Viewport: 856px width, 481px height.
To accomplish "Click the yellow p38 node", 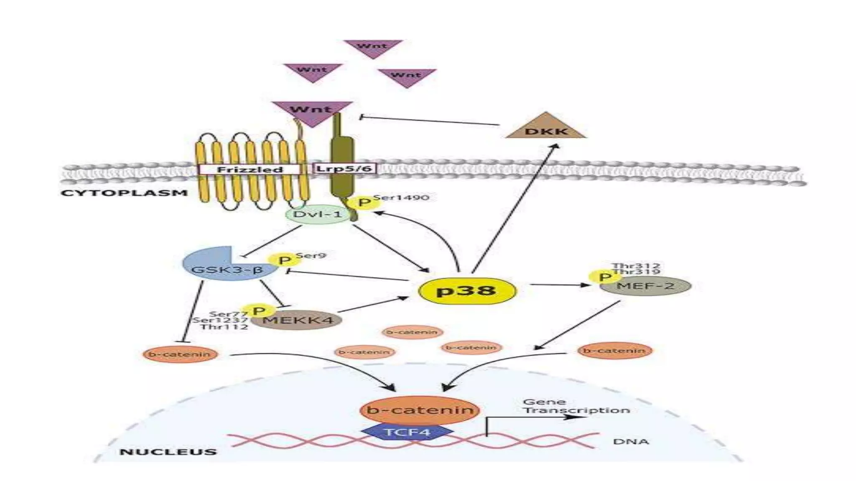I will pos(467,291).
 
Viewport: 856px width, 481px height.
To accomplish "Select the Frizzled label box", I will pos(250,170).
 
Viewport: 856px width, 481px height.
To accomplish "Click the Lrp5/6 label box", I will pos(344,169).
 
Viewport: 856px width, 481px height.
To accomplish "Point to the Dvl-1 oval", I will pos(318,215).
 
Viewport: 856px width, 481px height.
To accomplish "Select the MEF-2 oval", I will pos(645,286).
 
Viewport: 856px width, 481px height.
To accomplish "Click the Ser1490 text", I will pos(401,197).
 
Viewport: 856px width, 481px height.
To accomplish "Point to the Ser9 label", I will pos(311,255).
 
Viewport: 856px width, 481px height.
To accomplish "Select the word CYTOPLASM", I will pos(124,193).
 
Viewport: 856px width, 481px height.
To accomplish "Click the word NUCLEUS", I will pos(168,452).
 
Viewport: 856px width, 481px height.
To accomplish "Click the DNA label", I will pos(631,441).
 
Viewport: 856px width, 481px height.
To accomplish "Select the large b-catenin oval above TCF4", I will pos(419,410).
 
